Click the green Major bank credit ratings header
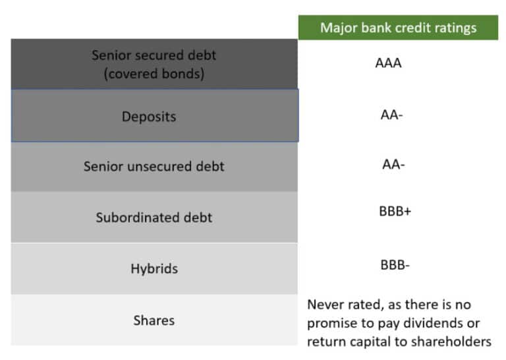point(398,28)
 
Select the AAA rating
point(388,63)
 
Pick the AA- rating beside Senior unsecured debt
point(392,164)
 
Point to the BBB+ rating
point(395,212)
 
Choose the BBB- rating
point(395,265)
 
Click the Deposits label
point(149,117)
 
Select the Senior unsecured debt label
point(154,166)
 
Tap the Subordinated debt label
point(154,218)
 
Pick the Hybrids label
point(154,269)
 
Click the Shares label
point(154,320)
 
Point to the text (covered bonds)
point(154,73)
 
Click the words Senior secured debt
point(154,55)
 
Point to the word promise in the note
point(330,323)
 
